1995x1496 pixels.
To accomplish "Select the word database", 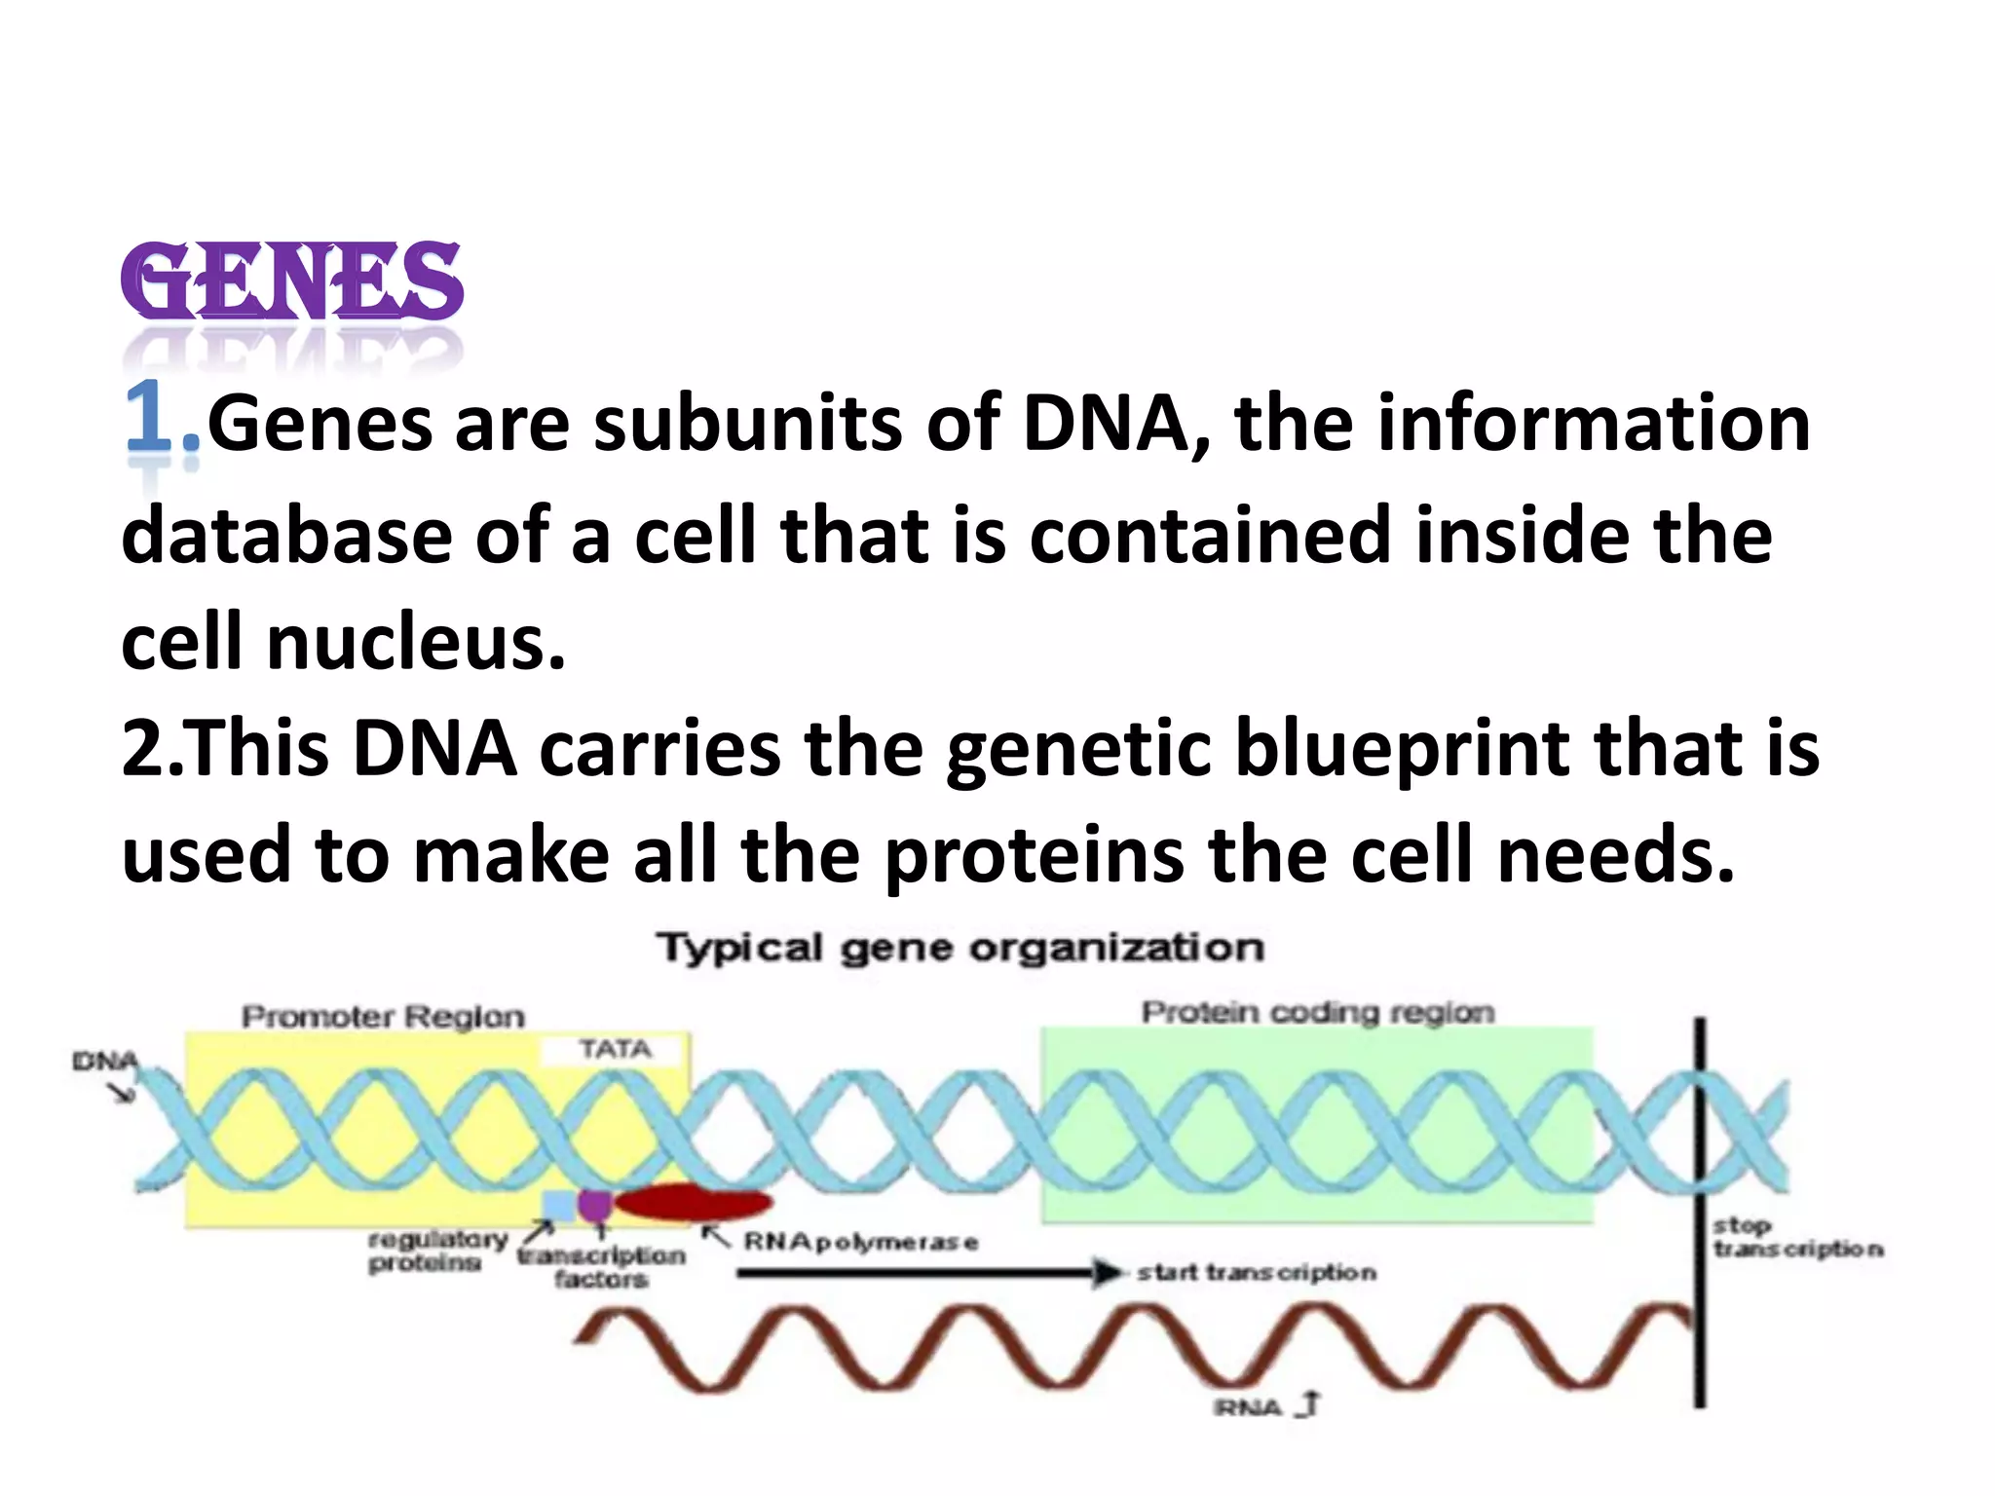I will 286,537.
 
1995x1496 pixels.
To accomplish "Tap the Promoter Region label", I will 383,1017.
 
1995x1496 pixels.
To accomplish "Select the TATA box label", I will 615,1049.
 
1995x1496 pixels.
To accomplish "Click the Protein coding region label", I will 1317,1013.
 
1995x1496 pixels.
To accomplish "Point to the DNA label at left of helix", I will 104,1061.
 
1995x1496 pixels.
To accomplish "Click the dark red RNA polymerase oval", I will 693,1204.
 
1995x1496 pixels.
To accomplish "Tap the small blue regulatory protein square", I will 559,1206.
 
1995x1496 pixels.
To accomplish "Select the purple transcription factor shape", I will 594,1204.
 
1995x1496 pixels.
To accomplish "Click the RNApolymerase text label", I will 861,1242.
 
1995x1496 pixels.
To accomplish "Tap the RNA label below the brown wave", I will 1248,1407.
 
